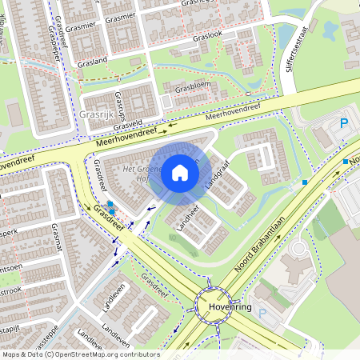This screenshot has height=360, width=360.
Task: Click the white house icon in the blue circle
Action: coord(180,172)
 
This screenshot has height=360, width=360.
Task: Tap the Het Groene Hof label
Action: coord(142,174)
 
